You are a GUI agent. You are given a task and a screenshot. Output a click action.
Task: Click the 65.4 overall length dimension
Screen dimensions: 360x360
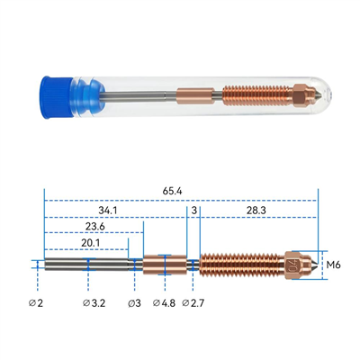click(173, 191)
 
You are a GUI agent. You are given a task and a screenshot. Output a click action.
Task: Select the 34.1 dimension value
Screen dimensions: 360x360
click(108, 211)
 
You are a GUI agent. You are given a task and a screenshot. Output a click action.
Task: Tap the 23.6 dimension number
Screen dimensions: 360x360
click(95, 226)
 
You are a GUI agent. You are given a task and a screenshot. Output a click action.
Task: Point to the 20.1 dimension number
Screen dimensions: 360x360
click(90, 243)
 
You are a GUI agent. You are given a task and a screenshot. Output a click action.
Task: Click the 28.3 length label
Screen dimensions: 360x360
click(256, 211)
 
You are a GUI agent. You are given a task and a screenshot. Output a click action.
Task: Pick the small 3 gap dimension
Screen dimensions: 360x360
click(194, 211)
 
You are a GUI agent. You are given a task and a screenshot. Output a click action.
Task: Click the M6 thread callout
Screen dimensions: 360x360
click(334, 265)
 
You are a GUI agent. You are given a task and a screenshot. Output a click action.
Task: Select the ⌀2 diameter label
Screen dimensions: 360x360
click(36, 303)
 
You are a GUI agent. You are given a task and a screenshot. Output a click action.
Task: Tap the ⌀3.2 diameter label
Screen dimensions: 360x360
click(94, 303)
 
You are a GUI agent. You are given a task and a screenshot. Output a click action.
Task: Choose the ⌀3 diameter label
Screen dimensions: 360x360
click(134, 303)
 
